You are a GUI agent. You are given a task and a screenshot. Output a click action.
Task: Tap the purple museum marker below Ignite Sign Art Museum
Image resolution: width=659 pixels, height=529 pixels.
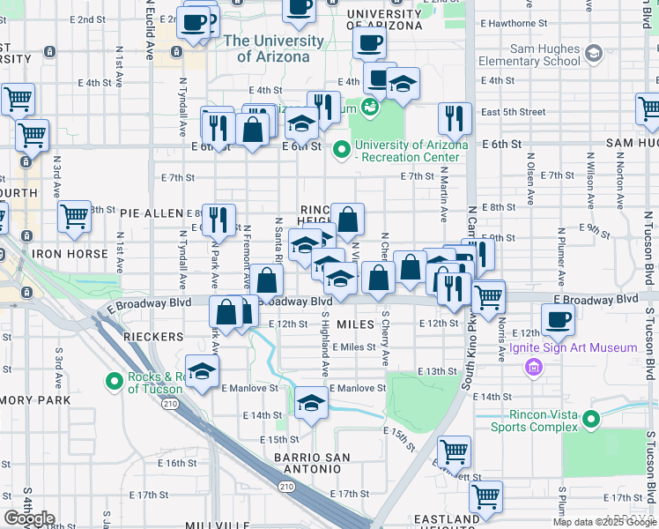532,366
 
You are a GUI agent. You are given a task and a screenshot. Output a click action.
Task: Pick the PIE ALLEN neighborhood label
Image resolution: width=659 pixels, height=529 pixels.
151,213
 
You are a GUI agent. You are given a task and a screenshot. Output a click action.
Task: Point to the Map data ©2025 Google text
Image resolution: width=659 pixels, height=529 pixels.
605,522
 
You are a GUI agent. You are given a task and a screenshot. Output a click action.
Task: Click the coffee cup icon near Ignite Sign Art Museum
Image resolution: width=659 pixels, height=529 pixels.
557,318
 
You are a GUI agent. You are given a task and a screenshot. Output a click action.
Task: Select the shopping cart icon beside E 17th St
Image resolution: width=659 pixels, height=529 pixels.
485,495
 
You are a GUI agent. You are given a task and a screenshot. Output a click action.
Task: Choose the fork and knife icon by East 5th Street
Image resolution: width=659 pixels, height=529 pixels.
455,117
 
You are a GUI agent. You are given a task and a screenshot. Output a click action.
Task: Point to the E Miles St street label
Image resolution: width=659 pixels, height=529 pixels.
354,347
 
